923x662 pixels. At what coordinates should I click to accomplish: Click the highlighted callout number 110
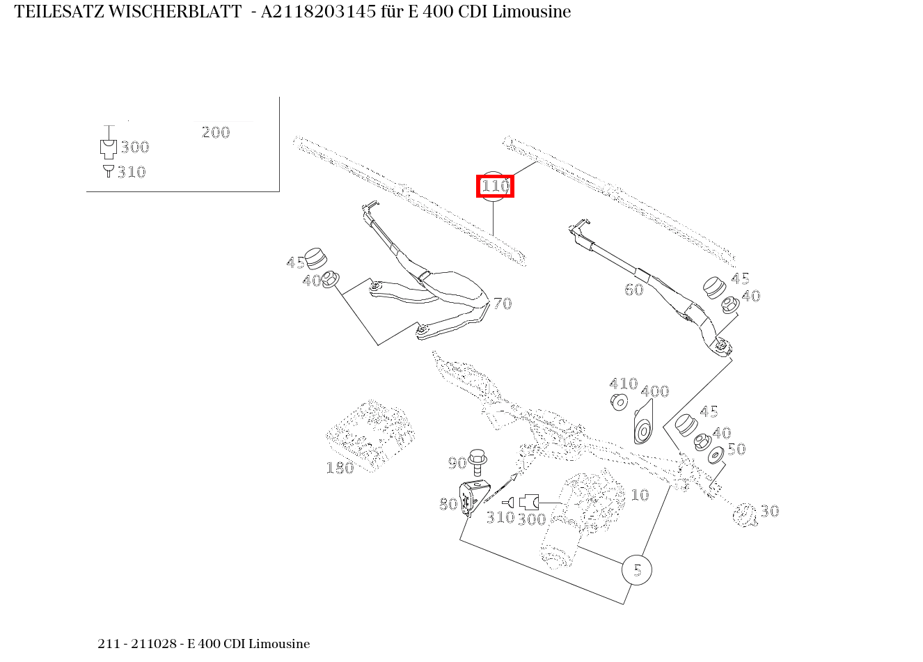click(495, 187)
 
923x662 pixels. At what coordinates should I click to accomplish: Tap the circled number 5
click(637, 570)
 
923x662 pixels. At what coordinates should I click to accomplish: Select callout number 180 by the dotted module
click(340, 468)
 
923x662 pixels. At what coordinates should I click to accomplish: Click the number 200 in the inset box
click(215, 132)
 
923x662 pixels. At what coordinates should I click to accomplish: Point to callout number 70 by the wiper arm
click(503, 304)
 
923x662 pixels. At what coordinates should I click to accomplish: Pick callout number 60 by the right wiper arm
click(633, 290)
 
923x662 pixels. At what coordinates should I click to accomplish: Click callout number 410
click(623, 384)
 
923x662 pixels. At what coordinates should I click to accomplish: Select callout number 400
click(654, 391)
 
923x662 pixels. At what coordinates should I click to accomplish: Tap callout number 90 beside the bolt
click(457, 463)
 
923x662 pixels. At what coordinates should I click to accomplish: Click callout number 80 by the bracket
click(448, 504)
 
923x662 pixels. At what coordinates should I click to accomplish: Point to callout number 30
click(769, 511)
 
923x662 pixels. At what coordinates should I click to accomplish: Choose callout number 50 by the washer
click(736, 449)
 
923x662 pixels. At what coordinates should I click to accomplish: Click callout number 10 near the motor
click(639, 495)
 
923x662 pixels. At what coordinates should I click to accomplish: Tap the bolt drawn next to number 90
click(478, 459)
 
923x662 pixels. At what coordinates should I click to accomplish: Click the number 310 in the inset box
click(132, 172)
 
